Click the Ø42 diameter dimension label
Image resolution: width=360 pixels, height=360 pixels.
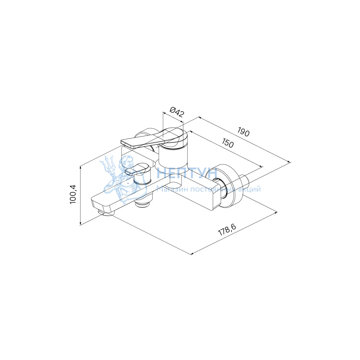coord(177,112)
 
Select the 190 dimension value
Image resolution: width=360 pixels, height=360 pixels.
coord(243,132)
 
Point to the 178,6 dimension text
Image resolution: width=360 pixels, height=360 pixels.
coord(227,229)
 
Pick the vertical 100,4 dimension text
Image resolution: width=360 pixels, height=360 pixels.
coord(73,194)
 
